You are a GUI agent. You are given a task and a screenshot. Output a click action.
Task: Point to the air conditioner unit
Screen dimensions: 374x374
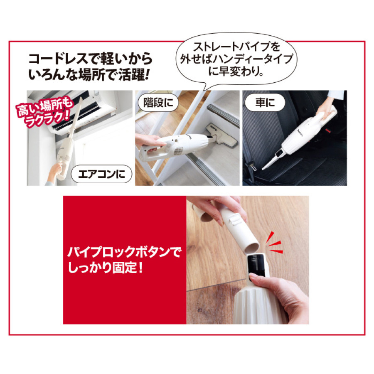tap(96, 106)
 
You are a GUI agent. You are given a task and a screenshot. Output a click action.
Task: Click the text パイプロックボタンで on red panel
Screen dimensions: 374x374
tap(124, 252)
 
